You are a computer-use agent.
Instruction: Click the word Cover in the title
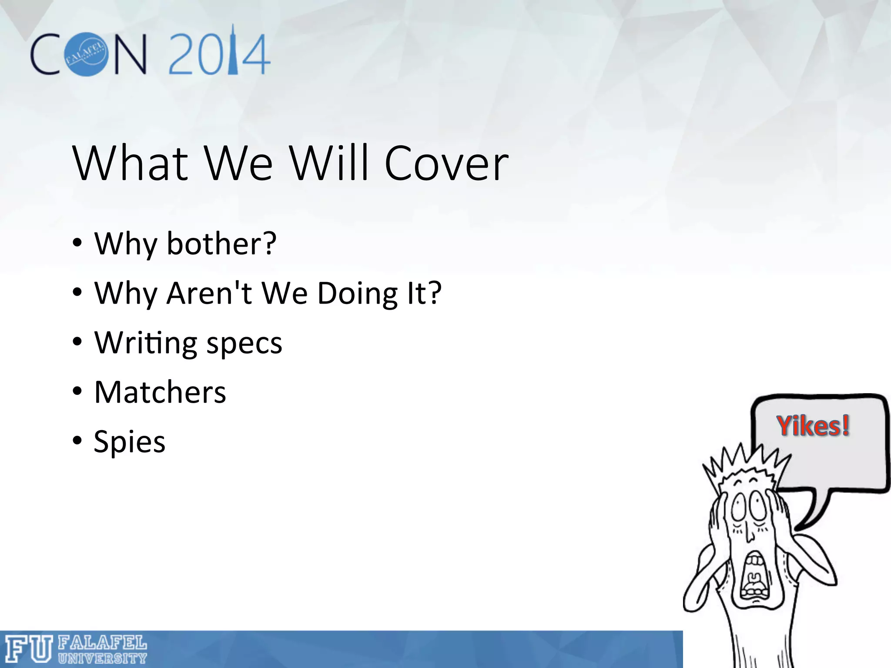[x=446, y=164]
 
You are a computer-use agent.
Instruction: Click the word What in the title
[x=131, y=164]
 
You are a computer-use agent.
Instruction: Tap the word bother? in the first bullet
[x=221, y=244]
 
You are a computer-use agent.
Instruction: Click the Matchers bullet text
[x=160, y=392]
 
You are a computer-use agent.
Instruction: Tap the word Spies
[x=130, y=442]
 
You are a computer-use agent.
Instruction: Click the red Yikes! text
[x=813, y=426]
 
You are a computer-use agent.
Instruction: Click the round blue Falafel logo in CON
[x=86, y=54]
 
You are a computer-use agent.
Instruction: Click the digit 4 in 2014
[x=256, y=56]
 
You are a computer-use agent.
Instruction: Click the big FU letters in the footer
[x=29, y=649]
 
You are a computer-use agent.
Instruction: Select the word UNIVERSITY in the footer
[x=103, y=658]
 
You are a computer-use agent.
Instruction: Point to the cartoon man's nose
[x=749, y=533]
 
